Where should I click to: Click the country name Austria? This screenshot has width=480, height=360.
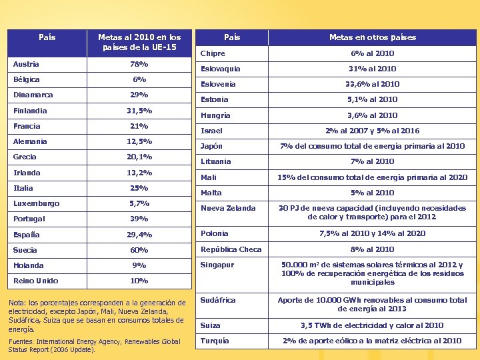coord(26,64)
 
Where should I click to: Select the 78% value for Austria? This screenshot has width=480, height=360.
coord(139,64)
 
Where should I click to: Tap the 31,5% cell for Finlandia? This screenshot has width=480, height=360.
coord(139,111)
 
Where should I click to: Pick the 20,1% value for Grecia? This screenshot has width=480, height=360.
coord(139,157)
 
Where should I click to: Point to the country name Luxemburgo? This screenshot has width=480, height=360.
coord(36,203)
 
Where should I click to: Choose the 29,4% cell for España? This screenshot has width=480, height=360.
coord(139,235)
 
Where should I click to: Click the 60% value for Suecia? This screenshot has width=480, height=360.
coord(139,250)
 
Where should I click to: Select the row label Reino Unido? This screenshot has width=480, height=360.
coord(35,281)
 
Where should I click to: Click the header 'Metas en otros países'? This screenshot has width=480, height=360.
coord(372,37)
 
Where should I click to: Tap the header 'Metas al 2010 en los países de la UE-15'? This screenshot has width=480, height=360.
coord(139,42)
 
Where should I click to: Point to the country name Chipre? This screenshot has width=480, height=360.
coord(213,53)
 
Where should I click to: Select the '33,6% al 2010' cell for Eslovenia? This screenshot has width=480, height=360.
coord(372,84)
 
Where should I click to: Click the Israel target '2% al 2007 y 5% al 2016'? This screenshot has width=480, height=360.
coord(372,131)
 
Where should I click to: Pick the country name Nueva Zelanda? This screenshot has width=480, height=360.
coord(228,208)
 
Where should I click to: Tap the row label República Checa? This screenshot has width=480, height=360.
coord(232,249)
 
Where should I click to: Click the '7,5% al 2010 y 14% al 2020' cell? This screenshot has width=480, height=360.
coord(372,233)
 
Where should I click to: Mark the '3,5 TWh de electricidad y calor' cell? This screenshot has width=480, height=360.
coord(372,325)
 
